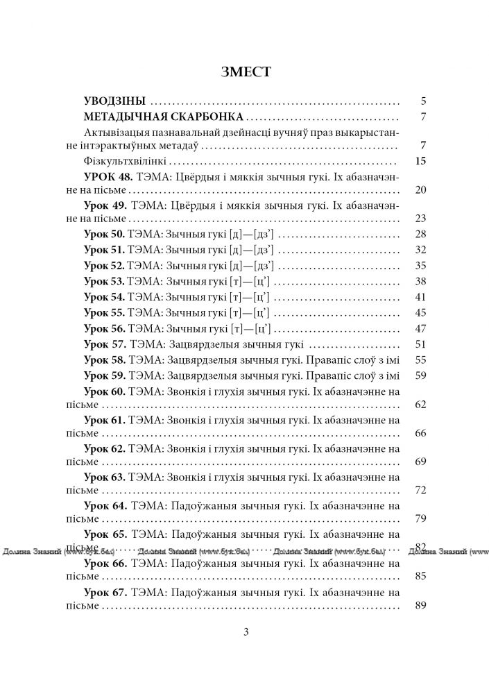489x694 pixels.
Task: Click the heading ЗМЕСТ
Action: (244, 71)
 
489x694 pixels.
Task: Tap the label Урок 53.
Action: (104, 281)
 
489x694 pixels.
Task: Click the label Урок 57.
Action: (105, 344)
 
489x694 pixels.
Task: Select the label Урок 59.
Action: (104, 376)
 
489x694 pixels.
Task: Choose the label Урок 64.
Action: (105, 506)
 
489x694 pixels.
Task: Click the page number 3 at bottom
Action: (245, 632)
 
